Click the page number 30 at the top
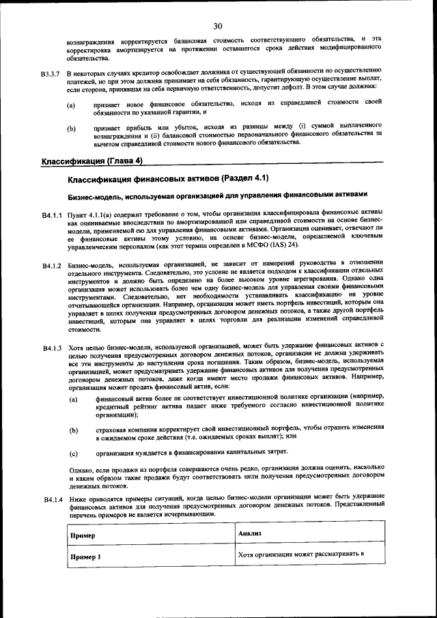(x=218, y=27)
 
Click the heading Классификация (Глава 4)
(x=91, y=161)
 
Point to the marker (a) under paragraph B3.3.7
(x=72, y=106)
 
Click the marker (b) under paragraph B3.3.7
(x=72, y=128)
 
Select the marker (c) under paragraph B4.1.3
(x=72, y=452)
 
